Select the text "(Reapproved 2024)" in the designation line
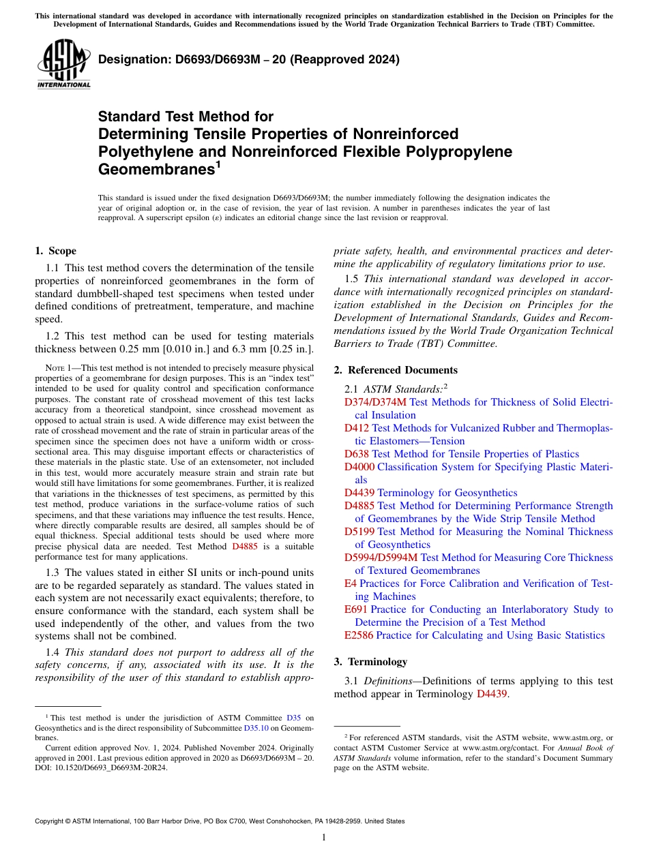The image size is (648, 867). pyautogui.click(x=348, y=59)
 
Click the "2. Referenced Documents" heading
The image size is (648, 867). pyautogui.click(x=396, y=370)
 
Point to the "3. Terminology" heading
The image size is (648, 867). pyautogui.click(x=370, y=661)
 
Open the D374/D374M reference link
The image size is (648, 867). pyautogui.click(x=375, y=402)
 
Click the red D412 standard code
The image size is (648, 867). pyautogui.click(x=357, y=428)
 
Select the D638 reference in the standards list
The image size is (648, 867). pyautogui.click(x=357, y=454)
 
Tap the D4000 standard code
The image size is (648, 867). pyautogui.click(x=359, y=467)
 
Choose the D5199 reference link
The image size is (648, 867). pyautogui.click(x=359, y=532)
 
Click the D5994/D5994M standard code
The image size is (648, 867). pyautogui.click(x=381, y=558)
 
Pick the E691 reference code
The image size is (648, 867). pyautogui.click(x=356, y=609)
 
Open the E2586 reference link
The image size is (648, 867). pyautogui.click(x=359, y=635)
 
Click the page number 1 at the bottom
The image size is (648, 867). pyautogui.click(x=324, y=837)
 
